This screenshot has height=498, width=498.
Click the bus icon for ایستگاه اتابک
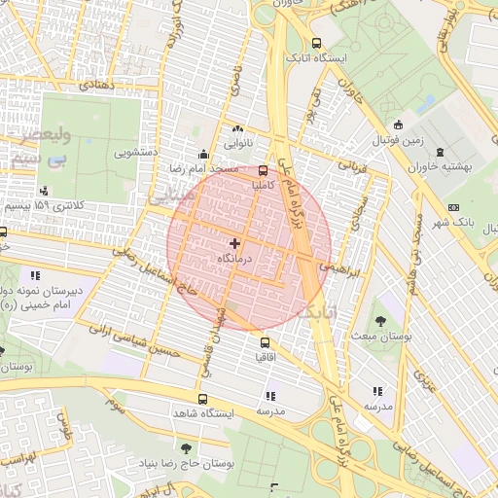point(316,43)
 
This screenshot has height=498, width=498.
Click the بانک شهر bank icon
point(453,207)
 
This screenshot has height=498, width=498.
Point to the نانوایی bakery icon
point(237,128)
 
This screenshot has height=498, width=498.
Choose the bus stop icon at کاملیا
point(264,169)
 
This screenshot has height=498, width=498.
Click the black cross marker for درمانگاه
point(234,242)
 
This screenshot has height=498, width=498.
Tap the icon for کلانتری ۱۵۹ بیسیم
point(43,191)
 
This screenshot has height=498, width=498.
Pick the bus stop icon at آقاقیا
point(265,342)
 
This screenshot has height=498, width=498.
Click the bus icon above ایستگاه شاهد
point(202,399)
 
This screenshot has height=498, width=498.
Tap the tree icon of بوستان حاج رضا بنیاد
point(186,448)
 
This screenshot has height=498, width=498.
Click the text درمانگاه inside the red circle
point(237,259)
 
